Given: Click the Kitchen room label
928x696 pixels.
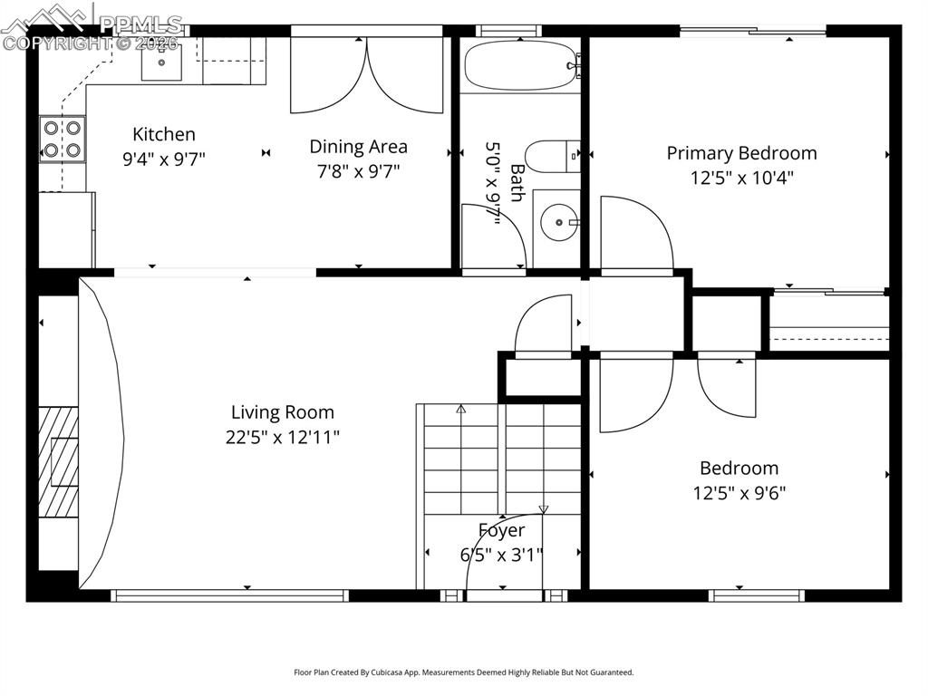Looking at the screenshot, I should click(x=164, y=135).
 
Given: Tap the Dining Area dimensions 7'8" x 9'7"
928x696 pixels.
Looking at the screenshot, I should click(x=358, y=170).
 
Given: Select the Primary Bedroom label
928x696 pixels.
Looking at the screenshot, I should click(x=741, y=153).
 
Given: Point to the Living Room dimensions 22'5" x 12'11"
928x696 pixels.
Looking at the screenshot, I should click(x=283, y=438).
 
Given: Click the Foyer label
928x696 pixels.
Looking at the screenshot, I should click(x=501, y=530).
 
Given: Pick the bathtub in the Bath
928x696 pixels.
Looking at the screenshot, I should click(x=518, y=65).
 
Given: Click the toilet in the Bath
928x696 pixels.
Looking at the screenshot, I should click(x=549, y=157).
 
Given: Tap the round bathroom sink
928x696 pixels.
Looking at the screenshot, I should click(x=556, y=220).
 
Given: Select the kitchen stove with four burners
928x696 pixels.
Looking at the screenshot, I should click(x=63, y=140).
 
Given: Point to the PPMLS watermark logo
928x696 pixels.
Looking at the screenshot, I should click(x=91, y=27).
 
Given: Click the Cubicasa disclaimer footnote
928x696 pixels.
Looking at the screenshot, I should click(x=463, y=672).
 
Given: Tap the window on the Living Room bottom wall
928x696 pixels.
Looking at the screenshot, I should click(x=229, y=595).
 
